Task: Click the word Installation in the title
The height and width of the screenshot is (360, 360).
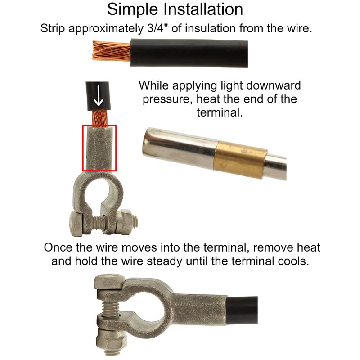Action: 203,9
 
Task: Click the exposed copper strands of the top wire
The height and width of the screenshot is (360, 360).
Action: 112,51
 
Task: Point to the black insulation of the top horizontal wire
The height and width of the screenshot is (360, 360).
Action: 189,53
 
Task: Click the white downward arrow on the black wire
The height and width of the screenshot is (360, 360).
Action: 99,96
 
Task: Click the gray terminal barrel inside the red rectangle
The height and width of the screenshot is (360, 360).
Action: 99,148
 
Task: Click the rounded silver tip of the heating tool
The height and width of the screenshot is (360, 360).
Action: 149,143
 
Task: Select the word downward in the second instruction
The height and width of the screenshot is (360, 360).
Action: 272,85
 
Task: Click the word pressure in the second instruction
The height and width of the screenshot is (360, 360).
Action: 167,99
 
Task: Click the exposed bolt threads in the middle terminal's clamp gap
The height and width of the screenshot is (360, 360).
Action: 99,223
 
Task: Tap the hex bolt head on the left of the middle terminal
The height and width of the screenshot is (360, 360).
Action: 76,224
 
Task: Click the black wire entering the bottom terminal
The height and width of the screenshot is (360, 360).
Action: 242,310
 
